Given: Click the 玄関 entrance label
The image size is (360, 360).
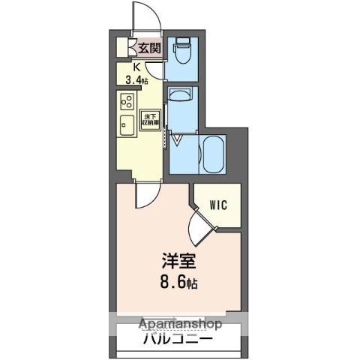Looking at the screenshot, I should click(150, 49).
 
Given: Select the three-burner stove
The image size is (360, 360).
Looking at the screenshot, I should click(125, 103).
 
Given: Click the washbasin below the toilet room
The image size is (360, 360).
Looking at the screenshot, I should click(180, 95).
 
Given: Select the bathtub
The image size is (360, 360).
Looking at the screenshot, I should click(214, 153).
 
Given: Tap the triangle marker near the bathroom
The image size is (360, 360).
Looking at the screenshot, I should click(178, 139).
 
